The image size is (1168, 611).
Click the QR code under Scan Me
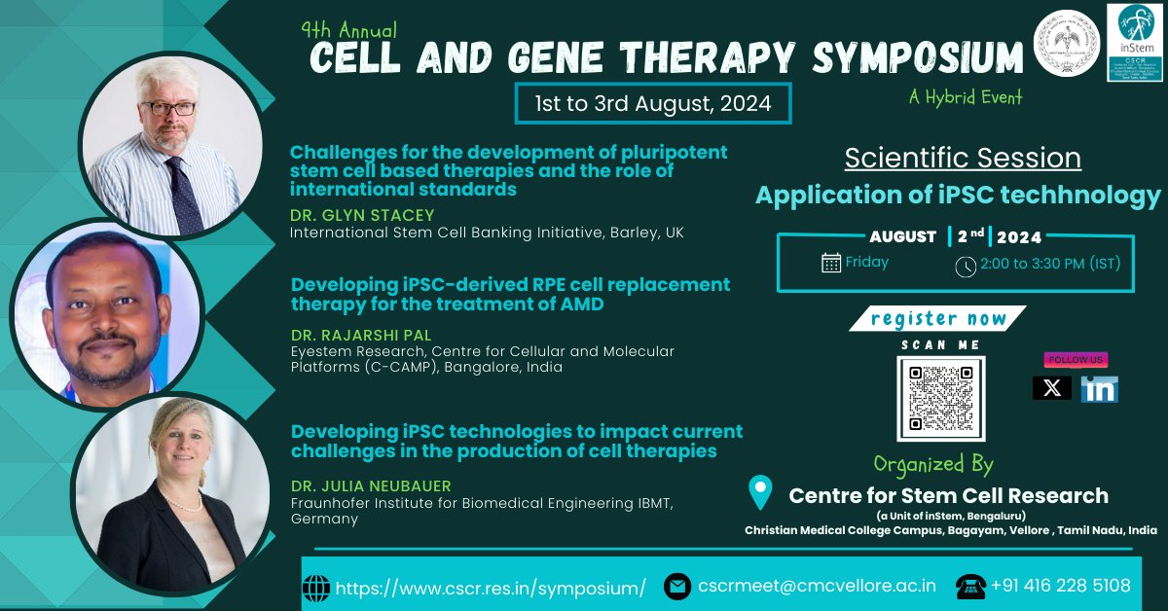pyautogui.click(x=940, y=398)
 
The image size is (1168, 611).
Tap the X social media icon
pyautogui.click(x=1051, y=388)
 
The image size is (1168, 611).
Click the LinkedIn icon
pyautogui.click(x=1099, y=389)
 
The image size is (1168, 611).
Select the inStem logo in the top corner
pyautogui.click(x=1135, y=41)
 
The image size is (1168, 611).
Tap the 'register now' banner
pyautogui.click(x=937, y=318)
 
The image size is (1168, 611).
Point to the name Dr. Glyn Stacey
pyautogui.click(x=362, y=215)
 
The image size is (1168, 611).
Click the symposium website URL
pyautogui.click(x=491, y=588)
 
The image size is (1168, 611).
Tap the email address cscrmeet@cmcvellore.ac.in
pyautogui.click(x=817, y=586)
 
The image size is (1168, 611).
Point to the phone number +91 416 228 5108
pyautogui.click(x=1060, y=586)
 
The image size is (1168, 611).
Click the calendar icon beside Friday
pyautogui.click(x=831, y=263)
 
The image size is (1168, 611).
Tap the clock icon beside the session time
pyautogui.click(x=965, y=266)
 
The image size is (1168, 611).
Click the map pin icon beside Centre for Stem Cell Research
pyautogui.click(x=760, y=492)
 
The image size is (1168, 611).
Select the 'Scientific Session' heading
pyautogui.click(x=962, y=158)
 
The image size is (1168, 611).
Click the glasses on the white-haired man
pyautogui.click(x=167, y=108)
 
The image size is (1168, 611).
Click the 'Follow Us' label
pyautogui.click(x=1075, y=359)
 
